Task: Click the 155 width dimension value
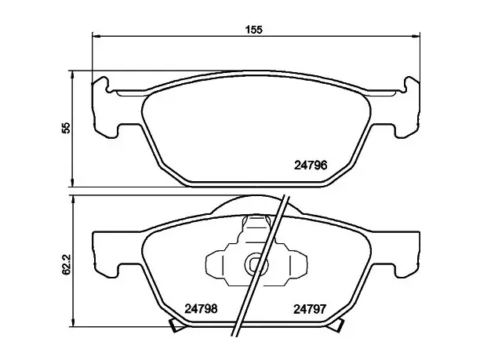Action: click(254, 30)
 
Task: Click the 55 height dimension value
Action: click(66, 128)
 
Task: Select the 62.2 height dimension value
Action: click(66, 264)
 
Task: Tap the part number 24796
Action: click(311, 165)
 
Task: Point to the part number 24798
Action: click(201, 308)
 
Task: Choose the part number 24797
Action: click(310, 309)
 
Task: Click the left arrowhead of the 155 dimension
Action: click(96, 36)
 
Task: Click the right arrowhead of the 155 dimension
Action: click(416, 36)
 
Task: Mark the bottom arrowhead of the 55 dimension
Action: click(73, 183)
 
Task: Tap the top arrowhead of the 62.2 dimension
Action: click(73, 200)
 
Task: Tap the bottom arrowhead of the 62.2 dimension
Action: click(73, 322)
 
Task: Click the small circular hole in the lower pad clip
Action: click(256, 264)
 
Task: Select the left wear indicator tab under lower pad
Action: click(176, 325)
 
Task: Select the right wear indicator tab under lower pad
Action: click(336, 325)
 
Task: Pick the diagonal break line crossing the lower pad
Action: click(260, 266)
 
